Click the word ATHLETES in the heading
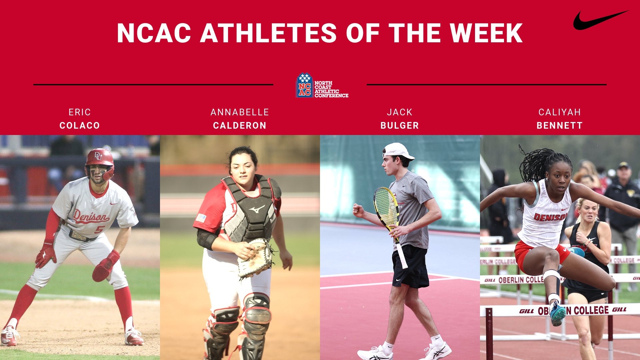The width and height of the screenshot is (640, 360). click(268, 33)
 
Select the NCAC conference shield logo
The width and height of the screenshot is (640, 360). click(304, 86)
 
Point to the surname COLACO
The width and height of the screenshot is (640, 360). click(80, 126)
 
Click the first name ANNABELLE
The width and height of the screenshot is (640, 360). click(240, 112)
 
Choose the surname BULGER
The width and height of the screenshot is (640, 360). click(400, 126)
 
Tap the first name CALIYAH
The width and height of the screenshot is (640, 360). click(560, 112)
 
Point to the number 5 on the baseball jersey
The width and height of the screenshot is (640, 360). click(99, 230)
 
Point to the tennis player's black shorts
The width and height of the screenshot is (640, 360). click(410, 267)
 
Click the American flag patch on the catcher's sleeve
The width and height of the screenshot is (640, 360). click(201, 218)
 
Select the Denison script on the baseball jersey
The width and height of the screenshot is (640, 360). click(91, 217)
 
